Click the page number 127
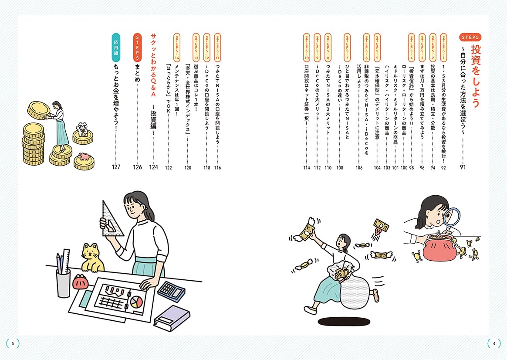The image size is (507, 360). click(x=116, y=167)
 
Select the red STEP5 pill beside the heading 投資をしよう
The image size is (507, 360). click(x=470, y=37)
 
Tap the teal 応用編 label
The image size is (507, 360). click(x=116, y=47)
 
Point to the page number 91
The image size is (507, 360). click(x=463, y=167)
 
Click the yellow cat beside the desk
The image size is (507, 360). click(x=92, y=257)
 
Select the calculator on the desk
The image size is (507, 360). click(x=171, y=291)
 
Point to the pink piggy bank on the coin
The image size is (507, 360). click(x=84, y=156)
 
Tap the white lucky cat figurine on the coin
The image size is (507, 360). click(x=82, y=129)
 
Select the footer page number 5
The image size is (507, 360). click(x=13, y=343)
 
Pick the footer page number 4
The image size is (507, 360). click(x=494, y=343)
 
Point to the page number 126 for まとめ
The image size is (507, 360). click(x=137, y=167)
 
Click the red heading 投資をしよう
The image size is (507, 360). click(x=475, y=76)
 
